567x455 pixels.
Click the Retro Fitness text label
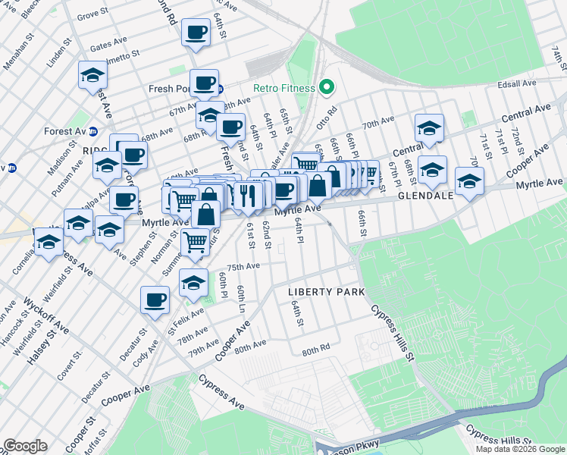284,88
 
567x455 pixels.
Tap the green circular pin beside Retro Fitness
327,88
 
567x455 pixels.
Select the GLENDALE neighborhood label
425,195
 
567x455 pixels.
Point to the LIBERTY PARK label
326,292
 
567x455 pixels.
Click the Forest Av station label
65,131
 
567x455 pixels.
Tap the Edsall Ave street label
520,84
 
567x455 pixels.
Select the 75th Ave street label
243,267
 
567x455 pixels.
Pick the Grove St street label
93,14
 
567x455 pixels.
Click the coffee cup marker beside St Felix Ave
155,299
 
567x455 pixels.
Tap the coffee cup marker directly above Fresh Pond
203,82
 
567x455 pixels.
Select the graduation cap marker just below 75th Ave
194,282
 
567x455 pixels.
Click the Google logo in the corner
25,446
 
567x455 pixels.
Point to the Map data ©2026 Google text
519,449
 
